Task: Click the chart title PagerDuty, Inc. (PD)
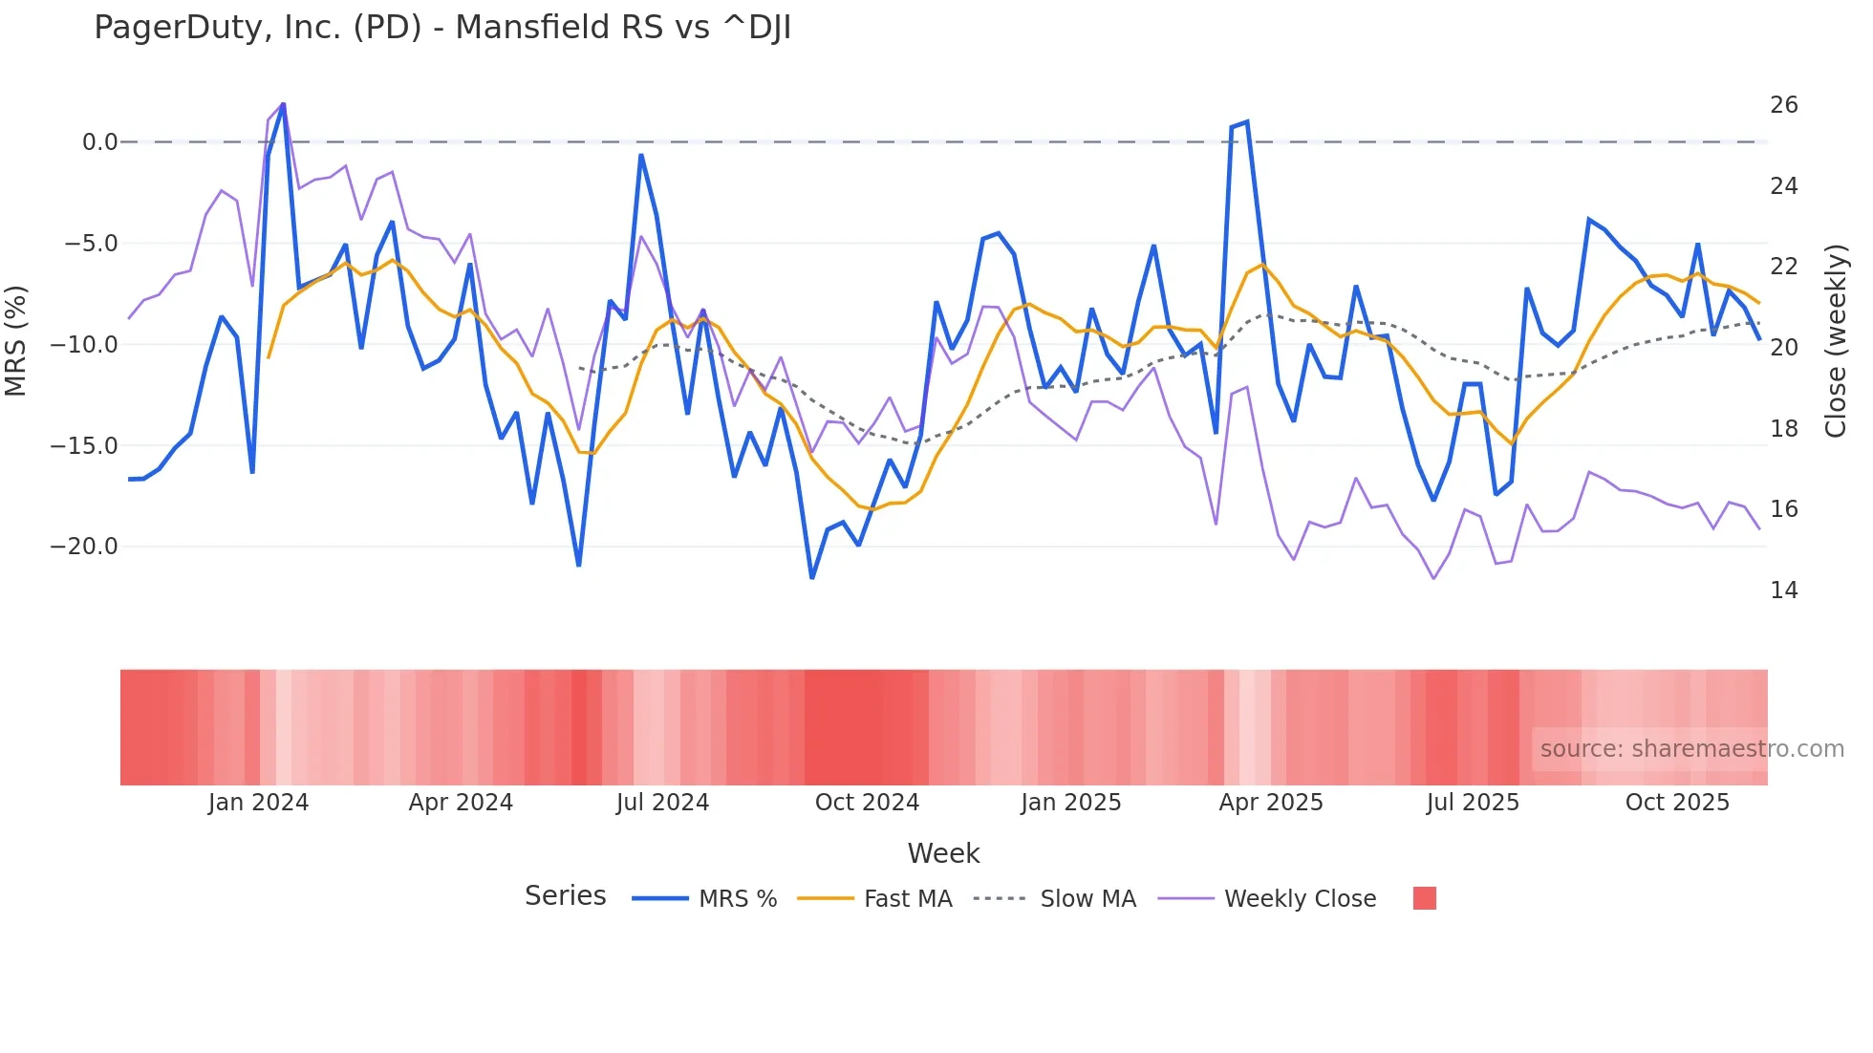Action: coord(441,28)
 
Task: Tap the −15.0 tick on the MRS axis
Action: coord(84,446)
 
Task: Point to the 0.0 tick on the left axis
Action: coord(99,142)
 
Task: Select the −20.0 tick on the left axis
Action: coord(84,547)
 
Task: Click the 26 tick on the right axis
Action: coord(1783,105)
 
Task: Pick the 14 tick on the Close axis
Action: coord(1783,591)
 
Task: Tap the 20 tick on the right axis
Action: coord(1783,348)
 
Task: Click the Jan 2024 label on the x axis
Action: coord(258,803)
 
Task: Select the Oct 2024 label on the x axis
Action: coord(867,803)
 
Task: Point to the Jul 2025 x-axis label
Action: coord(1473,803)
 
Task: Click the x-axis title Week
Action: coord(943,853)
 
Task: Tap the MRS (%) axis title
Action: coord(16,341)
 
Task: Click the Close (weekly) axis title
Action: coord(1835,341)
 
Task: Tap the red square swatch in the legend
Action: coord(1424,898)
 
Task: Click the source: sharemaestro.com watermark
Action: coord(1691,749)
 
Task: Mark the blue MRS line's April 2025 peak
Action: coord(1247,122)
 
